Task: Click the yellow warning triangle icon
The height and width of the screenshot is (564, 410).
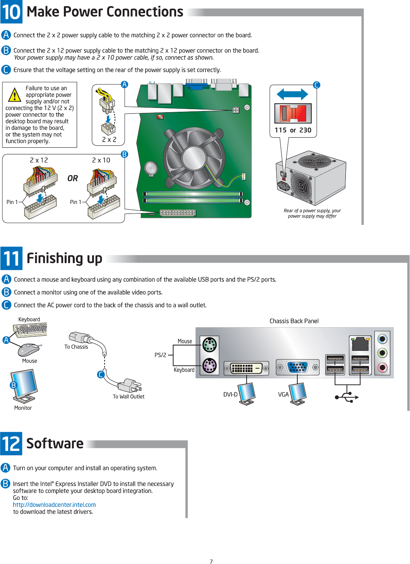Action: pos(14,95)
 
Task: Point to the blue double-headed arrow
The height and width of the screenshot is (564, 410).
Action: pos(292,94)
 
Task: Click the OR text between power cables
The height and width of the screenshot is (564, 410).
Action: pos(72,178)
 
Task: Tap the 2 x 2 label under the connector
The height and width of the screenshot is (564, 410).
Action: pos(109,140)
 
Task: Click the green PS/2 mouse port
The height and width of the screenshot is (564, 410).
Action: pos(209,344)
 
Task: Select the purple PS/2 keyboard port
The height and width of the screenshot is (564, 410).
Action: pos(209,365)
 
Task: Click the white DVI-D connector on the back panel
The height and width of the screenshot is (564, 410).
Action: pos(247,368)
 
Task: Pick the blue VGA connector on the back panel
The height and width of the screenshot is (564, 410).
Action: pos(297,367)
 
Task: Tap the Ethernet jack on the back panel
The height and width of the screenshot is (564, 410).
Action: pos(360,344)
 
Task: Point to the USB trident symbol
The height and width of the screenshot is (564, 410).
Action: pos(347,397)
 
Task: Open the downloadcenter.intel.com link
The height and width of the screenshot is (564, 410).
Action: pos(54,505)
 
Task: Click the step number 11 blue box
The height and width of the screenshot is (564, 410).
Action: pos(11,258)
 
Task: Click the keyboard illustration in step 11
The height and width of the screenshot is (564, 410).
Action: pos(30,330)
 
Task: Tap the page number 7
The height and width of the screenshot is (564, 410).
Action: pos(211,562)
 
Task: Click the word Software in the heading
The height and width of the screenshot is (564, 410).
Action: pos(55,444)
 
